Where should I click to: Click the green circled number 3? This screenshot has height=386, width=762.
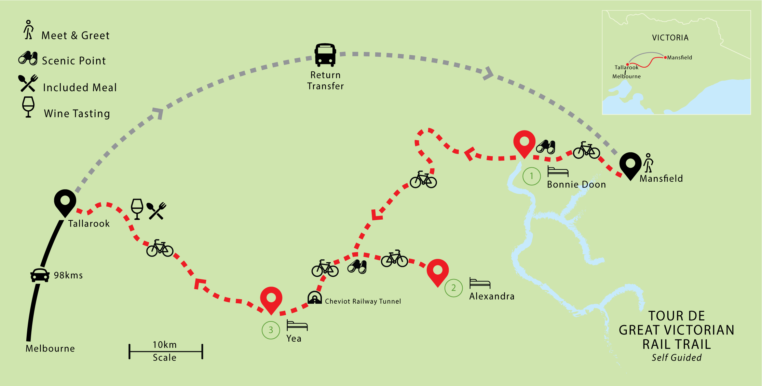point(271,330)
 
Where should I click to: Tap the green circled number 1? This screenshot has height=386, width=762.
point(531,176)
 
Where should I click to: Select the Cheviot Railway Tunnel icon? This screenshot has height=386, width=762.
point(314,298)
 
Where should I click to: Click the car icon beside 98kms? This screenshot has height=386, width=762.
point(40,275)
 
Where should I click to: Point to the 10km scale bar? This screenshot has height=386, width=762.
point(166,351)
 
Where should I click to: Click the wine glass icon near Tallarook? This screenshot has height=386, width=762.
point(137,209)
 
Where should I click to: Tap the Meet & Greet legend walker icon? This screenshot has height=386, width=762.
point(29,30)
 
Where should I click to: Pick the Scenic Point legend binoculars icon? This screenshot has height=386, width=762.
point(28,58)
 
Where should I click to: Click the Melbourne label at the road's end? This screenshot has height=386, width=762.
point(50,348)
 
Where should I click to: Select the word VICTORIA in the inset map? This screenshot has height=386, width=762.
point(670,38)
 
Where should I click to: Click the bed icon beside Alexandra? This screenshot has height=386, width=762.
point(480,283)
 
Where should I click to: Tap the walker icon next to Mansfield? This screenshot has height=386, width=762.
point(648,163)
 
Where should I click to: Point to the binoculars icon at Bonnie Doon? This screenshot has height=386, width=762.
point(546,147)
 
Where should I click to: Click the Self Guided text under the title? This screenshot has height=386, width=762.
point(676,358)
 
